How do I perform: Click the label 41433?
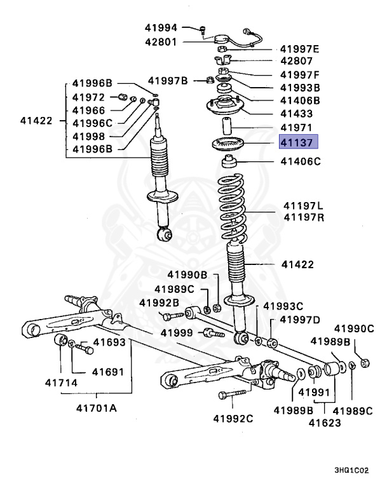[x=296, y=114]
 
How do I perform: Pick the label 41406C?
[x=301, y=161]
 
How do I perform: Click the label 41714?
[x=60, y=383]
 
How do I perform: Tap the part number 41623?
[x=325, y=422]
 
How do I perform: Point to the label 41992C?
[x=233, y=417]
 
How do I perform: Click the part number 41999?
[x=176, y=332]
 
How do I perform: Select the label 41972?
[x=88, y=97]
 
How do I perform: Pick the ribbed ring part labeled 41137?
[x=227, y=144]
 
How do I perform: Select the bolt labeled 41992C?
[x=231, y=395]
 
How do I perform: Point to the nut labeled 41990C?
[x=365, y=363]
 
